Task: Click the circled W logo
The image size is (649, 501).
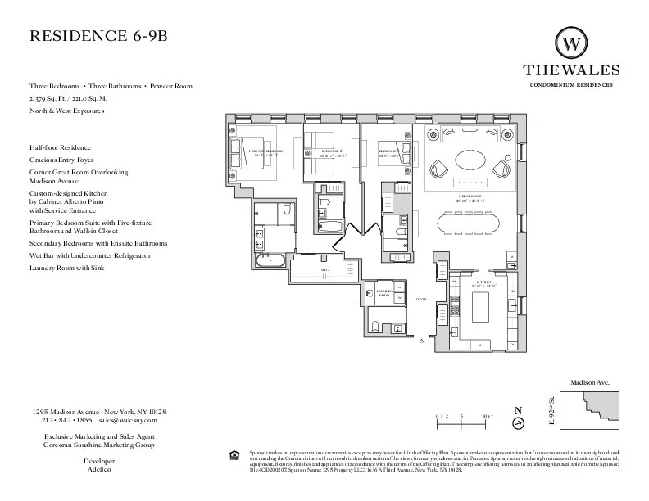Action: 572,42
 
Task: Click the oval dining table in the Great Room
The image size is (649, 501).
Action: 471,223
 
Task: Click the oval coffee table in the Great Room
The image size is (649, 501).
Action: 470,158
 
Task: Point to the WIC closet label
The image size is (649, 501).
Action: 324,269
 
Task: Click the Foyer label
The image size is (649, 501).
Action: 422,300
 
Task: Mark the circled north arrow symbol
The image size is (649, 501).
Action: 518,423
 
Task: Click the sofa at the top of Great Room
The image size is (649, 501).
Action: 470,134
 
